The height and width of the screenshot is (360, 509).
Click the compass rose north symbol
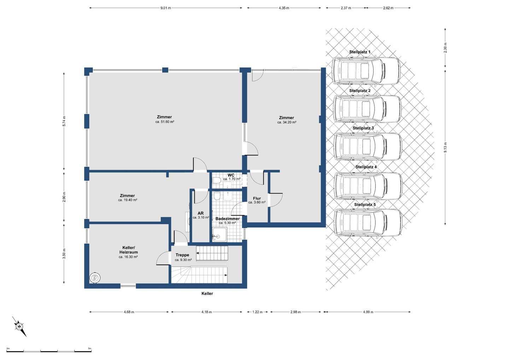pos(19,327)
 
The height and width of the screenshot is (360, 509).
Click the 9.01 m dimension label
pos(166,8)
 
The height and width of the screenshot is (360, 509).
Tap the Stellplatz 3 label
pos(363,128)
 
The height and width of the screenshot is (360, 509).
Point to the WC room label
pos(231,175)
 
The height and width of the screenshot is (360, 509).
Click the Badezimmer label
pos(228,219)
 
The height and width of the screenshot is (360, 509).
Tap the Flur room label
pos(257,198)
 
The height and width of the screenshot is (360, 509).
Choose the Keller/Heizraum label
pos(129,250)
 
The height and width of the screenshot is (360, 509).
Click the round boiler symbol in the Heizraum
pos(95,278)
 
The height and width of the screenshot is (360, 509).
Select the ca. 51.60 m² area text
pos(165,122)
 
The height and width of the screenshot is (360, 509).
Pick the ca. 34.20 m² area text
pos(287,122)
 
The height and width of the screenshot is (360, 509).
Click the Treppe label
pos(182,255)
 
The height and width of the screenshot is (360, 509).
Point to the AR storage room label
pos(201,213)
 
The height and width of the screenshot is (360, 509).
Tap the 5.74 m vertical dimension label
pos(64,122)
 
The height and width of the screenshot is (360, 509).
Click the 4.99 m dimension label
pos(368,312)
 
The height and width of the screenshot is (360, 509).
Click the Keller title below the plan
pos(207,294)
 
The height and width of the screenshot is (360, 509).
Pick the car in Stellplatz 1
pos(366,71)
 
